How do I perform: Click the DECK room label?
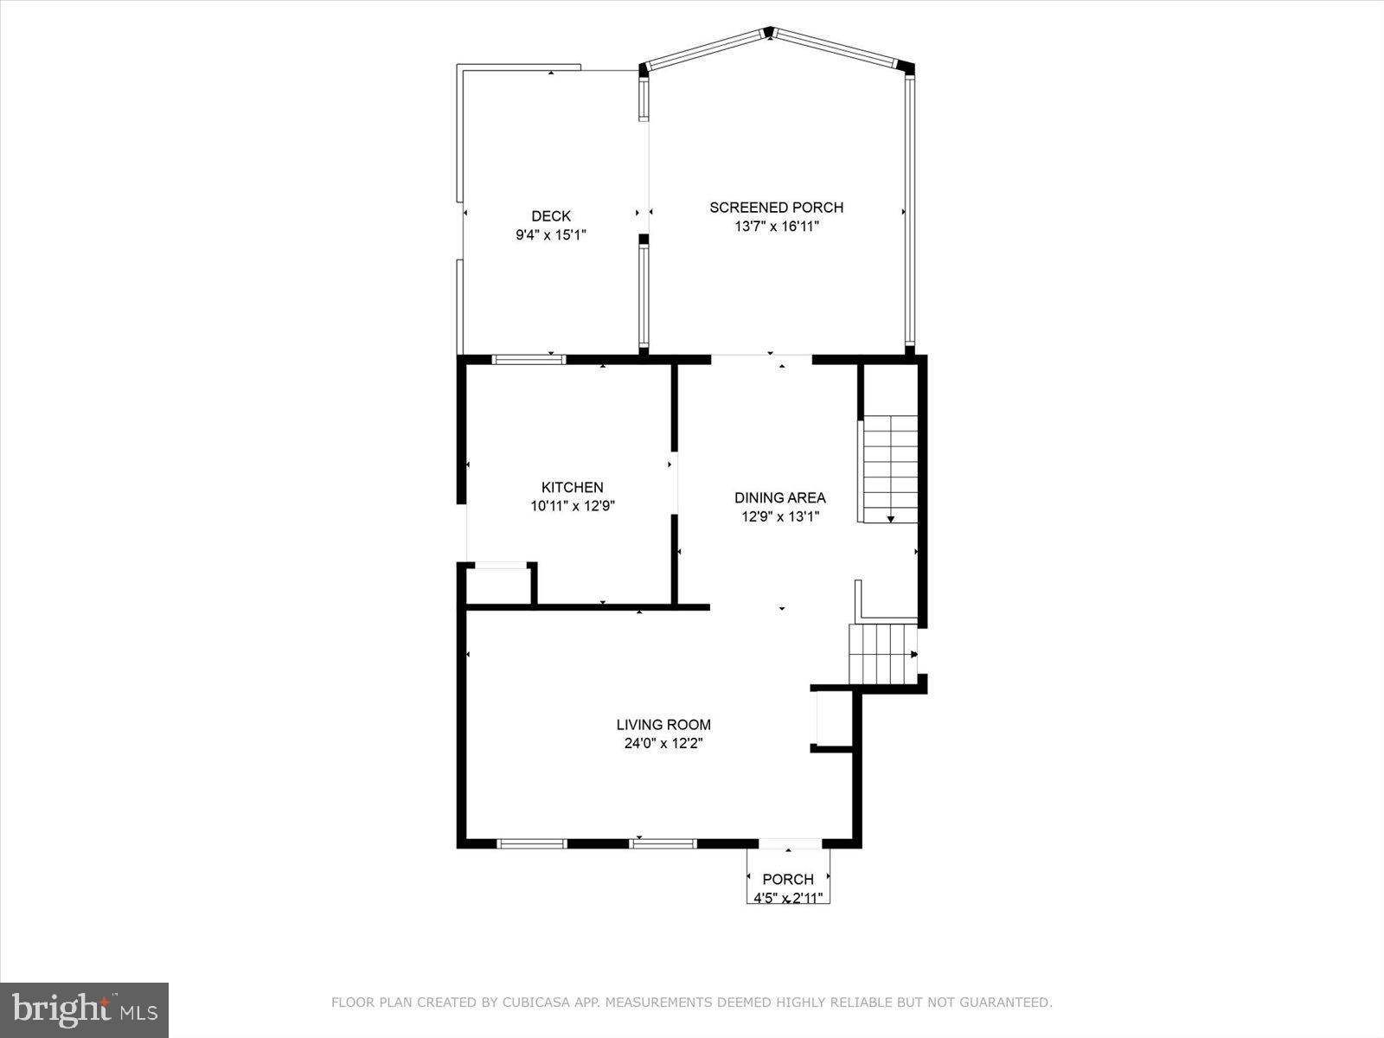coord(551,216)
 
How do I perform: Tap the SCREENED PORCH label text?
coord(776,208)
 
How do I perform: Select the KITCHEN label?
coord(572,488)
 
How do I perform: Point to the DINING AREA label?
coord(779,498)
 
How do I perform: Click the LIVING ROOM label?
coord(663,725)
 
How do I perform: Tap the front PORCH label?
coord(787,880)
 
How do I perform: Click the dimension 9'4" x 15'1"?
coord(551,234)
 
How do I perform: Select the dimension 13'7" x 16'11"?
coord(776,227)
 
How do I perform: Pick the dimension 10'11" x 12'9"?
coord(572,507)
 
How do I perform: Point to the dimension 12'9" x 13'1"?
coord(779,517)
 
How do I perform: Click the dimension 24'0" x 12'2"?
coord(663,744)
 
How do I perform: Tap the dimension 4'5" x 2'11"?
coord(787,898)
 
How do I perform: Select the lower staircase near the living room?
coord(882,653)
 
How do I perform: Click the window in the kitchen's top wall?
coord(529,359)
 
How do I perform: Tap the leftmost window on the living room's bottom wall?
coord(532,843)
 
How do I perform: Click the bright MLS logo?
coord(84,1009)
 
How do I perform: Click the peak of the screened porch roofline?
coord(769,32)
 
